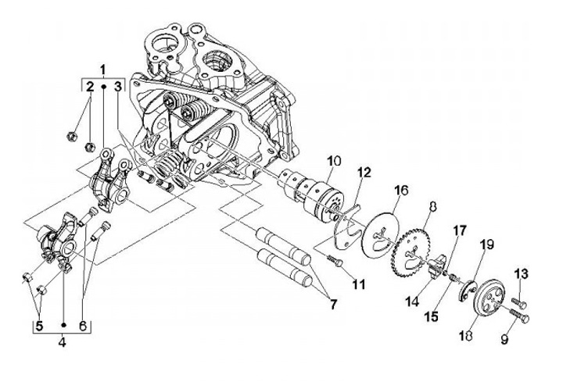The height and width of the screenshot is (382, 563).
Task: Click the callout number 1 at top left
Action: (102, 69)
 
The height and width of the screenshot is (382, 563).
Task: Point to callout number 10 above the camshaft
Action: (334, 161)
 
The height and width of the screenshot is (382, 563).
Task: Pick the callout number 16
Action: (401, 190)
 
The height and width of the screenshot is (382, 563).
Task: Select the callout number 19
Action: (486, 245)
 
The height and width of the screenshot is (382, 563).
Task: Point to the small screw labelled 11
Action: (335, 259)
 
